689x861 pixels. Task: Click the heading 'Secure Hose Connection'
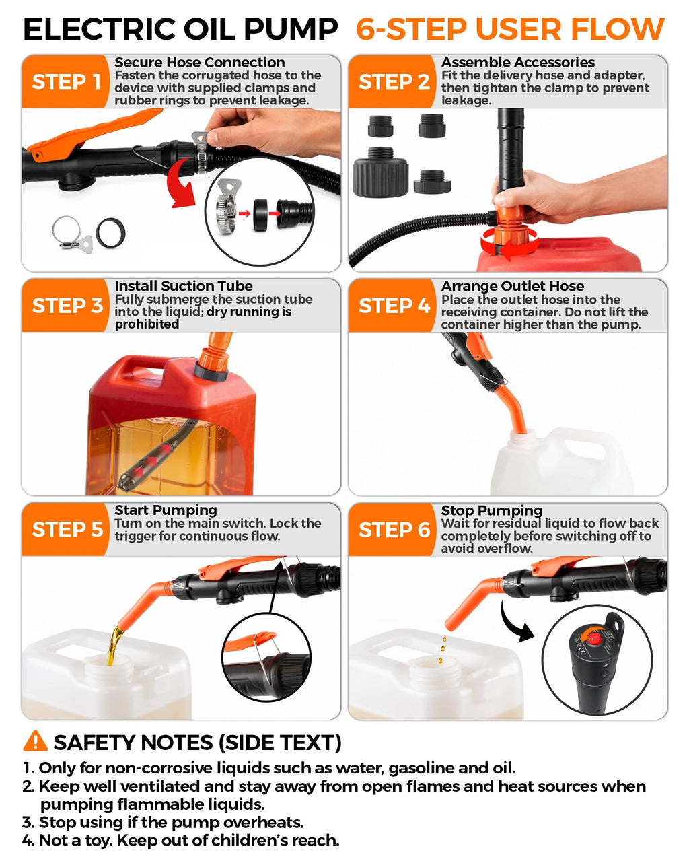click(x=200, y=63)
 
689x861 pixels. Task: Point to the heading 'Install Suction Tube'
click(x=184, y=286)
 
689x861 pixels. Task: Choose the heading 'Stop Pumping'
click(x=491, y=510)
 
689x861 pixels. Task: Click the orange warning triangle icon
click(x=35, y=741)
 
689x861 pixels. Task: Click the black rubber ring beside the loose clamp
click(x=111, y=233)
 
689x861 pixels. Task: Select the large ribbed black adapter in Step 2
click(x=380, y=173)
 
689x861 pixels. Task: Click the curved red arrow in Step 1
click(x=182, y=182)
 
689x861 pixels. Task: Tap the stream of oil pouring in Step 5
click(x=115, y=646)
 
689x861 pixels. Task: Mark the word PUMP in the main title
click(x=291, y=29)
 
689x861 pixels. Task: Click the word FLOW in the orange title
click(x=618, y=29)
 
